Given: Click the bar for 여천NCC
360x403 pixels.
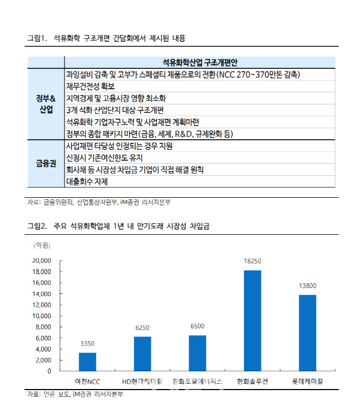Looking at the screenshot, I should point(88,362).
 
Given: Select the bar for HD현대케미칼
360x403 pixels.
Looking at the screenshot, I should point(142,354).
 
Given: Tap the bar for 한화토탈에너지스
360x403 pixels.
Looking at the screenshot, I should point(197,353).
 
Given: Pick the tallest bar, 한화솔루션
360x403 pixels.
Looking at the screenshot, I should point(253,320).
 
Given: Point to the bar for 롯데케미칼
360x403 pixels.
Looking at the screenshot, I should point(307,333).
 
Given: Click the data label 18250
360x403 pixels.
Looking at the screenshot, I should point(253,261).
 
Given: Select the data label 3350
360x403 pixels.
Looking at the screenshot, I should point(88,344).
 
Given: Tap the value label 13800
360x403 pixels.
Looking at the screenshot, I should point(307,286).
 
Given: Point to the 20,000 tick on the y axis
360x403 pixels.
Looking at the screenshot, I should point(42,261).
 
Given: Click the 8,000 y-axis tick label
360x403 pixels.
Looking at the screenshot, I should point(44,327).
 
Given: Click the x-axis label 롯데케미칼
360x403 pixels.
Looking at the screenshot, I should point(307,381).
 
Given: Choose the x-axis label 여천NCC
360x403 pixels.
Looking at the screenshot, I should point(88,381).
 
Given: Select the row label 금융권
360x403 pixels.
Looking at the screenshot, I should point(46,164).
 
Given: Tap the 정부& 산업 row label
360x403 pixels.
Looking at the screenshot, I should point(46,104).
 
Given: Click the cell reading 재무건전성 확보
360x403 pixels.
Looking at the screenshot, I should point(90,86).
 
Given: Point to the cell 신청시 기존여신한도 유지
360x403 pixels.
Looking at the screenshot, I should point(104,158).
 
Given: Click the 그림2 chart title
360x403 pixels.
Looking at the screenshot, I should point(118,226).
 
